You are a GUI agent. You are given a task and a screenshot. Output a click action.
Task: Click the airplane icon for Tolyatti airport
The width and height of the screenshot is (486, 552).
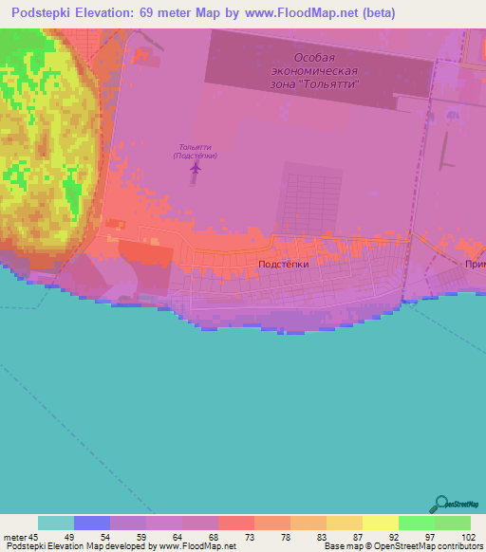[x=196, y=168]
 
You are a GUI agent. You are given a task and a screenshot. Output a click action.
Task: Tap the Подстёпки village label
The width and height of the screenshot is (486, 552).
[x=284, y=266]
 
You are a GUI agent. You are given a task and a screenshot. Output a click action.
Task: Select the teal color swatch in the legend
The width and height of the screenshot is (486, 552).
[x=56, y=523]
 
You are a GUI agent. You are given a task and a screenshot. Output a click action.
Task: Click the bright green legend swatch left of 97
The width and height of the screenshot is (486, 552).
[x=416, y=523]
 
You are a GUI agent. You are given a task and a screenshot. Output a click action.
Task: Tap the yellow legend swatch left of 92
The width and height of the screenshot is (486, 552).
[x=380, y=523]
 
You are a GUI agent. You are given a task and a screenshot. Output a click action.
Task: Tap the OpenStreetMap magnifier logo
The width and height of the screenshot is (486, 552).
[x=439, y=505]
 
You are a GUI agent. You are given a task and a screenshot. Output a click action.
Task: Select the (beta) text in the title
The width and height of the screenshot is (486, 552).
[x=377, y=13]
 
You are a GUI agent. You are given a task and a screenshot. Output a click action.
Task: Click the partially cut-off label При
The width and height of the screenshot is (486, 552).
[x=475, y=267]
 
